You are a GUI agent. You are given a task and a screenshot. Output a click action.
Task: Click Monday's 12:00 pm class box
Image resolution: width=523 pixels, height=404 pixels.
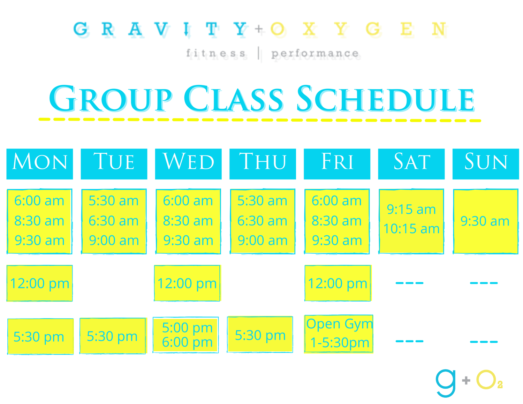pos(40,283)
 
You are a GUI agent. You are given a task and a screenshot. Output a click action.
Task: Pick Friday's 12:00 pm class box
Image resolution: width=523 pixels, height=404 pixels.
pos(338,283)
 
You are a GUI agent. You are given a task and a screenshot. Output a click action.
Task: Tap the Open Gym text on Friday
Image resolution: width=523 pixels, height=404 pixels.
pos(339,324)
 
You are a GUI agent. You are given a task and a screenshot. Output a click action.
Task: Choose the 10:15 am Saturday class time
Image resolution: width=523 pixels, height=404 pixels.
pos(411,229)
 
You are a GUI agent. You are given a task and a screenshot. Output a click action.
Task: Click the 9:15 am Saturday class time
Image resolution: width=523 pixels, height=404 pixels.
pos(411,209)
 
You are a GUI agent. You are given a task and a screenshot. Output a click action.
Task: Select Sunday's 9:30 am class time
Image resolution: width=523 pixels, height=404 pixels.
pos(485,221)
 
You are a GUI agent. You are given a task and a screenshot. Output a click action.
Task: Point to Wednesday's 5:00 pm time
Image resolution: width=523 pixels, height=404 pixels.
pos(187,328)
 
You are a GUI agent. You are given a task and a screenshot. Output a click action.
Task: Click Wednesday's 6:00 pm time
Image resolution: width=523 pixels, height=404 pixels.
pos(187,342)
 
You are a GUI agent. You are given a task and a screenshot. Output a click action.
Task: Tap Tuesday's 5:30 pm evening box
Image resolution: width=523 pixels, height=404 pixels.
pos(112,336)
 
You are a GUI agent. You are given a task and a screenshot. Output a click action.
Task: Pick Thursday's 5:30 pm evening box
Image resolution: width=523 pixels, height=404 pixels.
pos(260,335)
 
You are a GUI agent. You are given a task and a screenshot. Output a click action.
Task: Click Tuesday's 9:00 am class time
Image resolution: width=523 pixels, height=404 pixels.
pos(114,241)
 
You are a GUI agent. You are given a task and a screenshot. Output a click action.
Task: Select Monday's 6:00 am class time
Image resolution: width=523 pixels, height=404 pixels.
pos(39,201)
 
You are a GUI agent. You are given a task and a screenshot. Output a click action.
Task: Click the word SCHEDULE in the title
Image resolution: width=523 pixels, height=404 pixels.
pos(385,99)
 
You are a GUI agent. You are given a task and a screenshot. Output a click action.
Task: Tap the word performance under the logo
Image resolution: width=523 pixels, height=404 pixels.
pos(315,53)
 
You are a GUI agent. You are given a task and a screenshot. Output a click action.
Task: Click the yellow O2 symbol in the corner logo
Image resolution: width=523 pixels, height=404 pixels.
pos(488,380)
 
